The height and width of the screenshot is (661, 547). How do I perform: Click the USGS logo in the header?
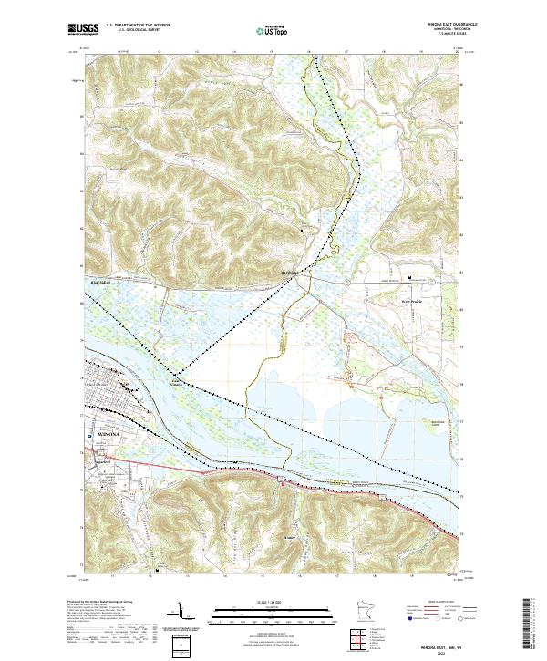tap(83, 30)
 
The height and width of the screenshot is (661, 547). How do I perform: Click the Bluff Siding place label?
tap(100, 283)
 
